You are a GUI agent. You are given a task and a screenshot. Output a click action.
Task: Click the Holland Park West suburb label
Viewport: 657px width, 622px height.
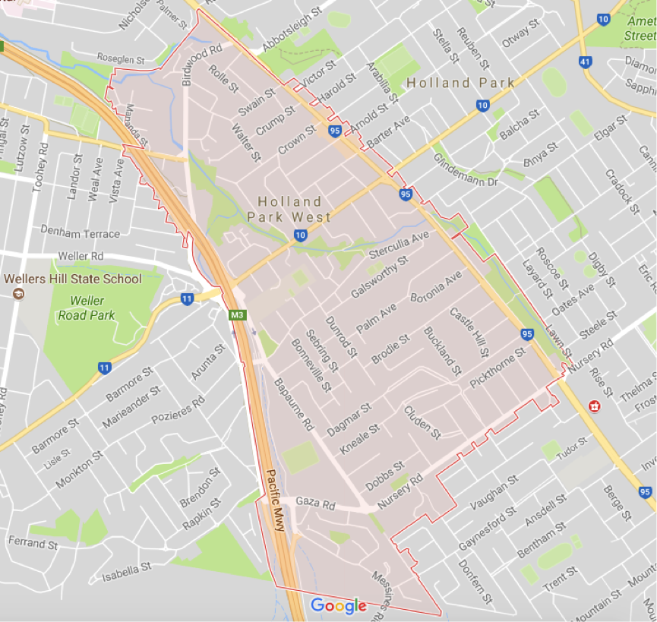tap(289, 209)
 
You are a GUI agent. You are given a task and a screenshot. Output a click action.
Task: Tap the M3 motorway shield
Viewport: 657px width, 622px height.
tap(238, 314)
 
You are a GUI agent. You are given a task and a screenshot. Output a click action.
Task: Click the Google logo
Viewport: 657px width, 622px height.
tap(339, 605)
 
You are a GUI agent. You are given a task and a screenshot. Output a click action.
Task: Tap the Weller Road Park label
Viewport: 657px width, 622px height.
tap(87, 308)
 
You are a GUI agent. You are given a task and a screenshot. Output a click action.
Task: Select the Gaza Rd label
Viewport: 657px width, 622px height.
tap(315, 503)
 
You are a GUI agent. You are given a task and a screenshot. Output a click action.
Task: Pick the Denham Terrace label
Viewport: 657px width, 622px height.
tap(80, 234)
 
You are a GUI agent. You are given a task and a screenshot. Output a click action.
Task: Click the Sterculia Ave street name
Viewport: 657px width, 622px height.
tap(399, 245)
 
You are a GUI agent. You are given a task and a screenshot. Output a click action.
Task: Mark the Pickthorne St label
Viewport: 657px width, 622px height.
tap(497, 368)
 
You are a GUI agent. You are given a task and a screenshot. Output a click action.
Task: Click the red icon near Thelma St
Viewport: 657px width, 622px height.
tap(594, 406)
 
